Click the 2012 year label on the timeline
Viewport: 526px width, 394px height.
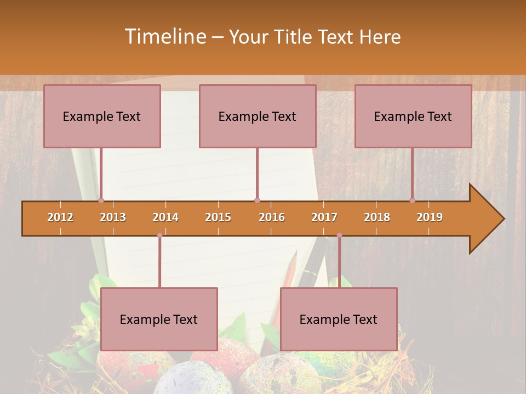pos(60,217)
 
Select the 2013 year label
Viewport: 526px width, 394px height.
pos(113,217)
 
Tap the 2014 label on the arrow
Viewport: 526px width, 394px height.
pos(165,217)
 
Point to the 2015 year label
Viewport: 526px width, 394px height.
pos(218,217)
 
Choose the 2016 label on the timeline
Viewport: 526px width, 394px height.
pos(272,217)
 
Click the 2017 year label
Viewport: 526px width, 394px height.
pos(324,217)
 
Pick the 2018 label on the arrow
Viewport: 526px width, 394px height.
pos(377,217)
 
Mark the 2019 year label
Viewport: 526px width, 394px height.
pos(430,217)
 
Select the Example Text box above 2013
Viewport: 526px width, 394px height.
pos(102,117)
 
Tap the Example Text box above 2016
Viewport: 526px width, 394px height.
pos(258,117)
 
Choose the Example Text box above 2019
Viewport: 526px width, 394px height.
pos(413,117)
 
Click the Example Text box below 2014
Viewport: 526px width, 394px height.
pos(159,320)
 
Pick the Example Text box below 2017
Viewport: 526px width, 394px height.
pos(339,320)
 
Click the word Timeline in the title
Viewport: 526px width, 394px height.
pos(164,37)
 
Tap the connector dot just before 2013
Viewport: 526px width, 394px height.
pos(101,201)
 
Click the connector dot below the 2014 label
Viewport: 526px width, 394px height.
pos(159,235)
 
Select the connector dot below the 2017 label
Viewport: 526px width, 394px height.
pos(339,235)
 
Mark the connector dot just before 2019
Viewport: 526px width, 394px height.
pos(412,201)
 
